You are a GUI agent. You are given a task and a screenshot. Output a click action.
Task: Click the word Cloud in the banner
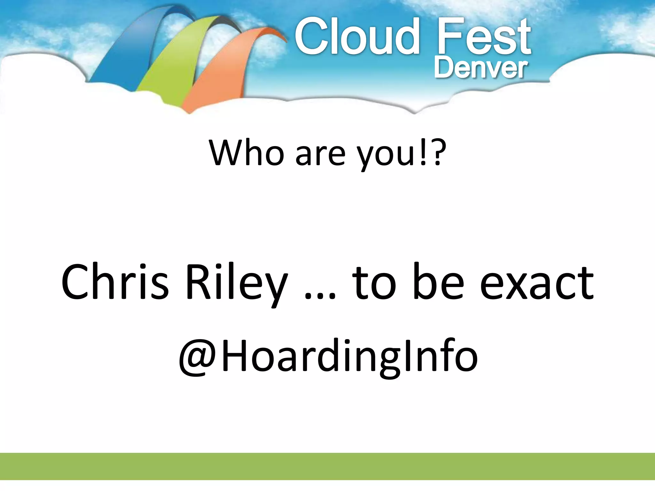pyautogui.click(x=357, y=37)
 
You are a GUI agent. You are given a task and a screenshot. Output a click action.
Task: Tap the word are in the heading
pyautogui.click(x=320, y=155)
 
